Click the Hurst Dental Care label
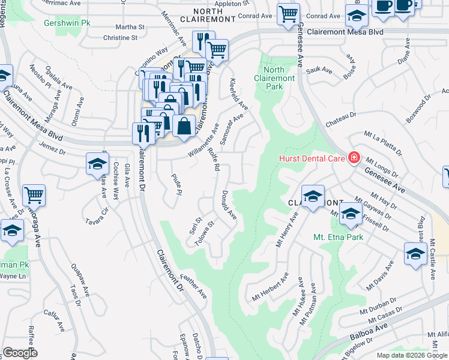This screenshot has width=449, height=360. [x=312, y=158]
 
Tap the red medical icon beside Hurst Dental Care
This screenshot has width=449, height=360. [x=354, y=158]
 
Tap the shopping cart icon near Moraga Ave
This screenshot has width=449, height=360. [x=34, y=196]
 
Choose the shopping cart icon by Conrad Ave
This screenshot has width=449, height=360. [x=288, y=13]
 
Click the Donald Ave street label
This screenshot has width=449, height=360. [x=229, y=205]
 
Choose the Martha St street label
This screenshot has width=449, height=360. [x=130, y=27]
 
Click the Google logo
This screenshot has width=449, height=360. [x=20, y=353]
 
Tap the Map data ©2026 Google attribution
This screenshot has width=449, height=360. [x=411, y=355]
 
